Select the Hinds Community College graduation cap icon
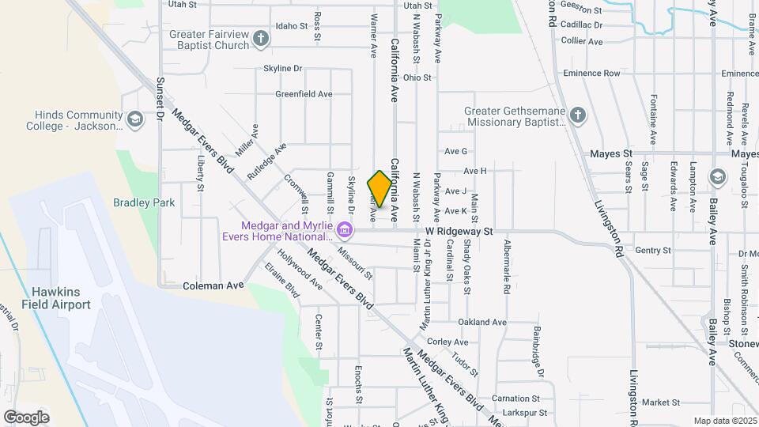(135, 119)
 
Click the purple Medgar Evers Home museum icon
(344, 231)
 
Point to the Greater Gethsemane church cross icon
(577, 115)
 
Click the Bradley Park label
(144, 202)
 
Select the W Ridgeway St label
(459, 232)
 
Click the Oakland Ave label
(482, 322)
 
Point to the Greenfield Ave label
(304, 94)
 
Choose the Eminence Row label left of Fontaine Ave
(591, 74)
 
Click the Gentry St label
(652, 250)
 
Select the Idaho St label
(292, 26)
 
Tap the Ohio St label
(417, 77)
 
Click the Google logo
(26, 417)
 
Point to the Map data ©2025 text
(723, 421)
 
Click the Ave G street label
(456, 151)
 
